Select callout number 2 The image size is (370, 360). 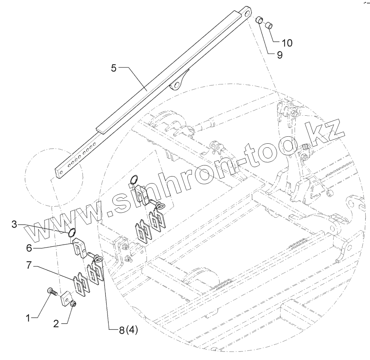point(56,324)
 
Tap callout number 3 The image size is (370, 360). point(14,224)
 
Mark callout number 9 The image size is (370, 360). point(279,55)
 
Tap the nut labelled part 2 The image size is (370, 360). point(73,304)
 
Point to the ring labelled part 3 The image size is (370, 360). point(72,232)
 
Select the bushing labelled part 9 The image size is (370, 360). point(260,20)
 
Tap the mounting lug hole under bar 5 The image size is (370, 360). point(176,84)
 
